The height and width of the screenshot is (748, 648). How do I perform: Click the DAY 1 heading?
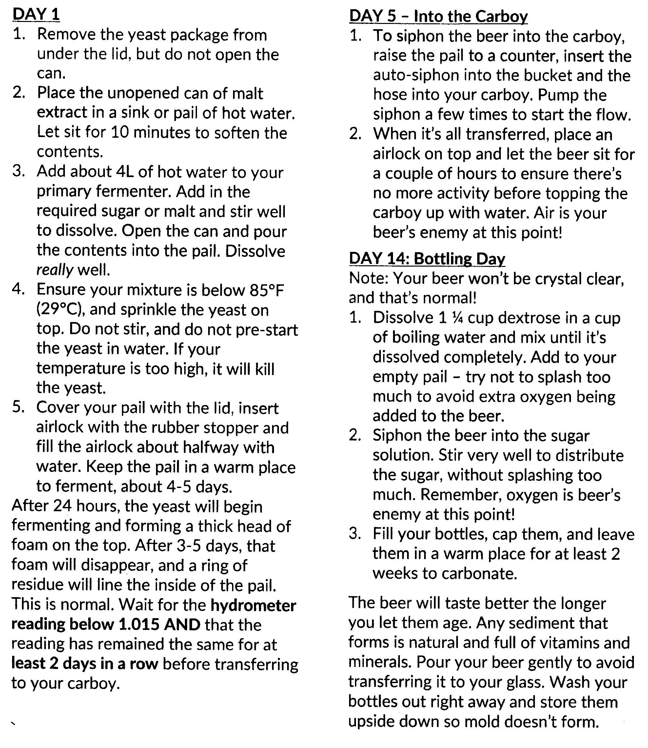coord(36,15)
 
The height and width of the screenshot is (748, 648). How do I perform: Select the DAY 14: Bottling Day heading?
coord(427,259)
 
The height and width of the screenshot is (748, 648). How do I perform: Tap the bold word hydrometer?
coord(253,605)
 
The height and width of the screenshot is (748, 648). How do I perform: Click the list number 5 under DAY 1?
coord(18,407)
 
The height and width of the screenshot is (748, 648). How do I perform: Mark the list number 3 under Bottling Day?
coord(355,534)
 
